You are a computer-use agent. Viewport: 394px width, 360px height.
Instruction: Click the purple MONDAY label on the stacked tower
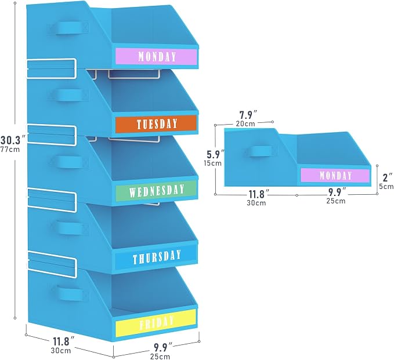156,56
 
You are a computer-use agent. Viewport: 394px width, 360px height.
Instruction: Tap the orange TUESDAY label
156,123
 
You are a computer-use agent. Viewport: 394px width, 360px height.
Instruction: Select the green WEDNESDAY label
156,191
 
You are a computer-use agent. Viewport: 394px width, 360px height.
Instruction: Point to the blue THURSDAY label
156,257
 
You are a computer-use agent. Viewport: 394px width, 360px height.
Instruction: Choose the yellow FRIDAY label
156,323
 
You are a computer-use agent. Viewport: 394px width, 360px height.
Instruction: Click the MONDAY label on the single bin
335,175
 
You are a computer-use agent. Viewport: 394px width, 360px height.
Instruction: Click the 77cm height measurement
10,150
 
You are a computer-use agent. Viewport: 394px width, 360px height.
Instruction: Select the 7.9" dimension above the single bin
248,115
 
